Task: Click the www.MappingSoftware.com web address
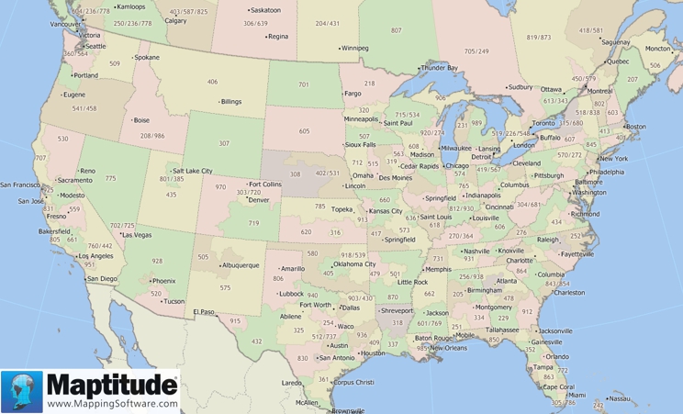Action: pos(112,403)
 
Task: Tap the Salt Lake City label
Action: pos(192,171)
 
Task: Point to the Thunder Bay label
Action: pos(440,68)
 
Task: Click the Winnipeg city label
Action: pos(353,47)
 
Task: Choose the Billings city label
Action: pos(230,101)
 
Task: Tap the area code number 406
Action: pos(212,82)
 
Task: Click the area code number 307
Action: pos(224,143)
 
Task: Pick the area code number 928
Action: pos(157,262)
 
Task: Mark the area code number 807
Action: pos(396,30)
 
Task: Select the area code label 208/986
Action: pos(152,136)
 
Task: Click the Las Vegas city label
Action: pos(137,235)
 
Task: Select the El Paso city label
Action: pos(203,312)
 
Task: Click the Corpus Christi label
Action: pos(353,382)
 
